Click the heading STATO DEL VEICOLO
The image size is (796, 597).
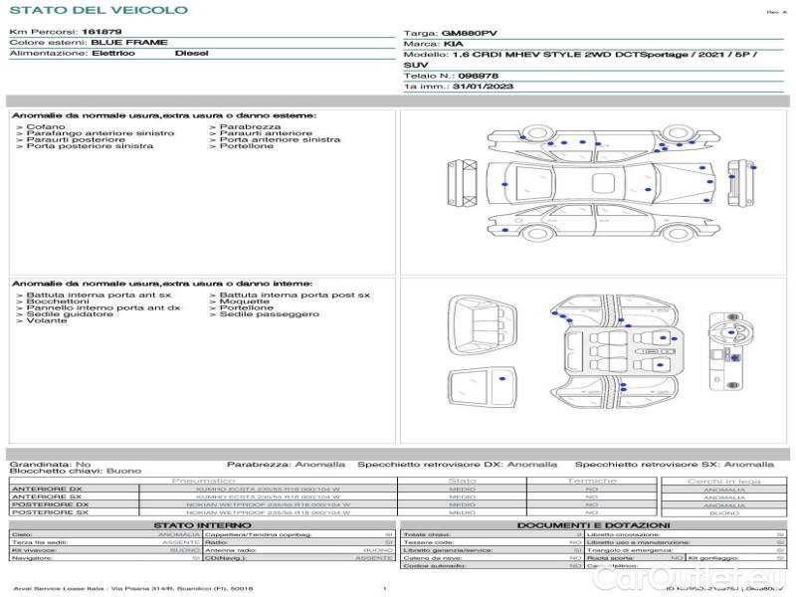point(98,10)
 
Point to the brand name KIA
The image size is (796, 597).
point(452,44)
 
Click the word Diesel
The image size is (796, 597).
point(192,53)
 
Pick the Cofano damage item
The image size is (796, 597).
point(45,127)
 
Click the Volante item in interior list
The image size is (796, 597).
point(45,321)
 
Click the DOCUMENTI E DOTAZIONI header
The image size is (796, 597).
point(593,524)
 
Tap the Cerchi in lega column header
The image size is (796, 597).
point(723,481)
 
